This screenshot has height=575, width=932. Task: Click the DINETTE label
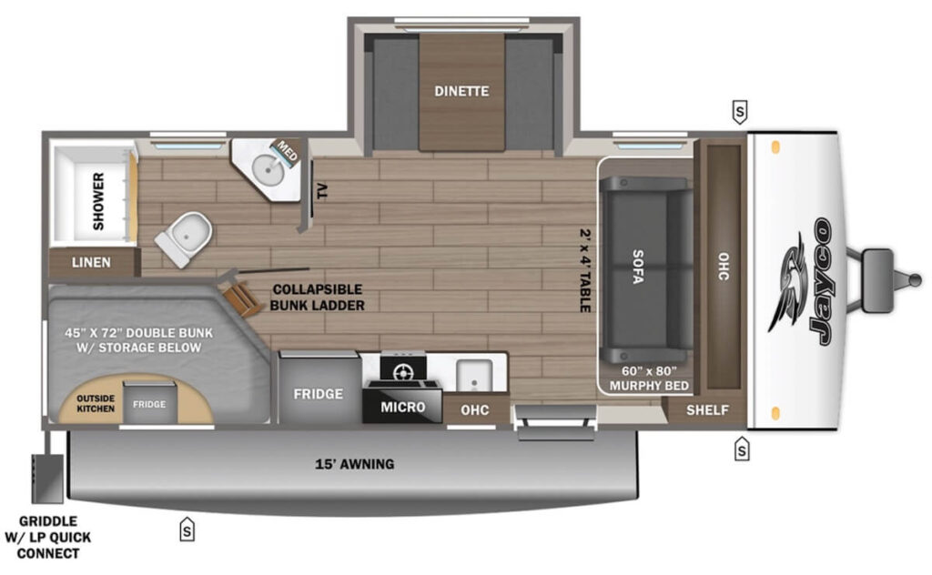coord(461,91)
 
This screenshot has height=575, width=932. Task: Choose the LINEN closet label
coord(92,262)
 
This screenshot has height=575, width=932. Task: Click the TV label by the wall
coord(321,192)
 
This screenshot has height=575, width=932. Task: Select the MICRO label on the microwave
coord(402,407)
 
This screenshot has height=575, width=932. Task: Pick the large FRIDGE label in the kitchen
coord(318,394)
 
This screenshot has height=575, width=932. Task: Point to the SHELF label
coord(707,410)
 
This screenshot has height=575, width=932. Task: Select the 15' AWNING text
coord(354,464)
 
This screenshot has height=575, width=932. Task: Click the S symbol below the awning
coord(187,528)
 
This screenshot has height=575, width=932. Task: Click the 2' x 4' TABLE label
coord(584,269)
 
